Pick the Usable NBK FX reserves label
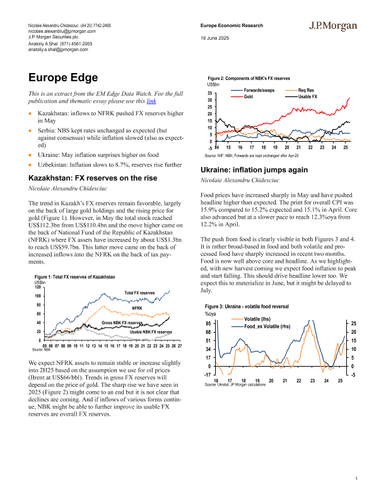(x=151, y=331)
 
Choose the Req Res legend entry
(x=306, y=91)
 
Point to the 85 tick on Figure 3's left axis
(x=208, y=323)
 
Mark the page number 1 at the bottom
(x=356, y=479)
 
